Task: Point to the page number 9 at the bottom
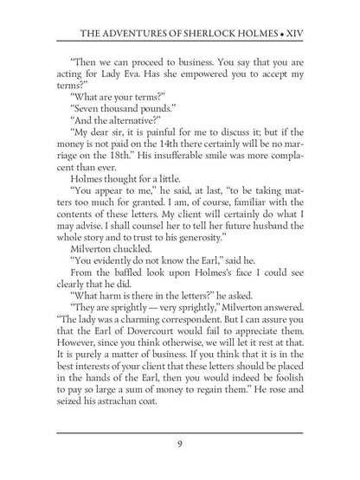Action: pyautogui.click(x=179, y=444)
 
